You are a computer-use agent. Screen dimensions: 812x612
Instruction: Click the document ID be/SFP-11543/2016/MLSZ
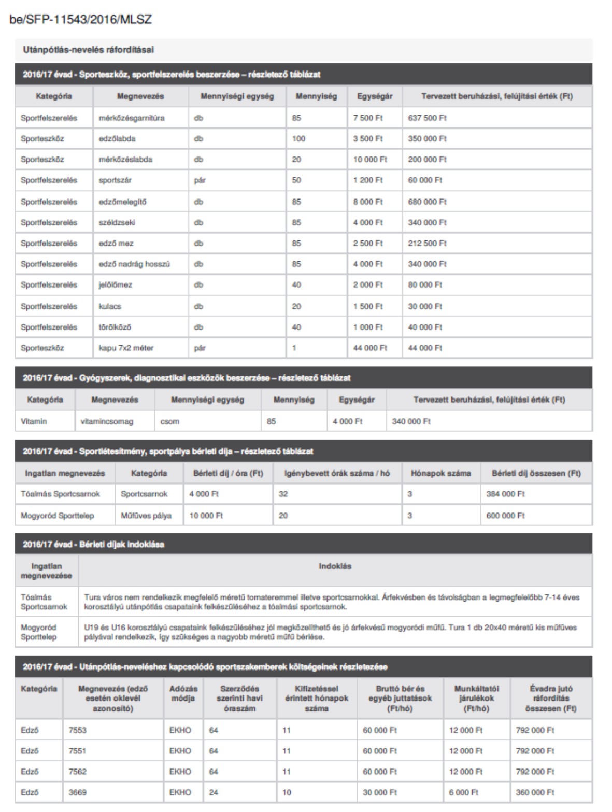[x=80, y=20]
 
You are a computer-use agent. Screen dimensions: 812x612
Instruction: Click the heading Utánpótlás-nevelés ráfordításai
[x=88, y=50]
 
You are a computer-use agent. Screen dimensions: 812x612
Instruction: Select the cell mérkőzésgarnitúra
[x=132, y=118]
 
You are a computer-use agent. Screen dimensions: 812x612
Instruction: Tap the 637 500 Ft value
[x=427, y=118]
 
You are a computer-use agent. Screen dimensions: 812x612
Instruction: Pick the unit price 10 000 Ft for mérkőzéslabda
[x=370, y=160]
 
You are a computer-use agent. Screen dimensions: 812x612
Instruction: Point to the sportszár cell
[x=115, y=180]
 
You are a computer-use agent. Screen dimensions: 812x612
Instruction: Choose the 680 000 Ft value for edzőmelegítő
[x=427, y=202]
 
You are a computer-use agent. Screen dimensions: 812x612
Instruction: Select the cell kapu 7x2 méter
[x=126, y=348]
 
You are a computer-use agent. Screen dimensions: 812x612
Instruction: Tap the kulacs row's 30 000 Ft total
[x=425, y=306]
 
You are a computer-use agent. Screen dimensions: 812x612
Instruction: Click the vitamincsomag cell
[x=107, y=421]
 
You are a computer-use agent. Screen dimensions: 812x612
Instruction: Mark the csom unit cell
[x=169, y=421]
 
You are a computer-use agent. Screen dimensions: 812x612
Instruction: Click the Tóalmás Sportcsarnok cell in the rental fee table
[x=60, y=494]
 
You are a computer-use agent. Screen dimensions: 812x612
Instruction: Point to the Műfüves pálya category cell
[x=146, y=516]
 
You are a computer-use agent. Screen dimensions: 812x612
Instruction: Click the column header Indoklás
[x=335, y=566]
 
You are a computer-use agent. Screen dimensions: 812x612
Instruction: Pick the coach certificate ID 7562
[x=78, y=772]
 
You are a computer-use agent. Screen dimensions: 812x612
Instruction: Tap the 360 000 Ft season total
[x=535, y=792]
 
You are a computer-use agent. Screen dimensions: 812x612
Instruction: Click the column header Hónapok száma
[x=440, y=473]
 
